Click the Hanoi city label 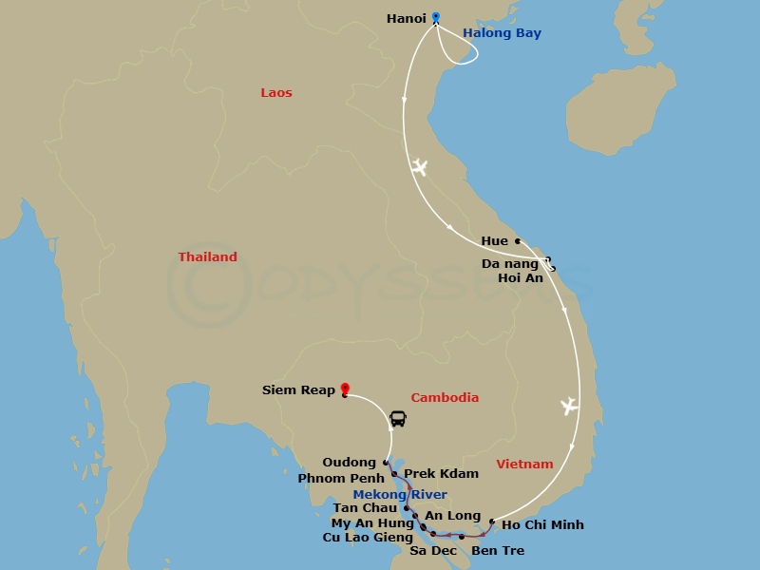pyautogui.click(x=407, y=18)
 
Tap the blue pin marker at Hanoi pyautogui.click(x=436, y=17)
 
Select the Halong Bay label pyautogui.click(x=502, y=33)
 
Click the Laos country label pyautogui.click(x=276, y=93)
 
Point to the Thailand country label pyautogui.click(x=207, y=257)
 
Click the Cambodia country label pyautogui.click(x=445, y=398)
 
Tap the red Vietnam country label pyautogui.click(x=524, y=465)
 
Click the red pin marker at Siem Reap pyautogui.click(x=344, y=389)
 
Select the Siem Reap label pyautogui.click(x=298, y=390)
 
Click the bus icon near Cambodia pyautogui.click(x=398, y=419)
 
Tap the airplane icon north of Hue pyautogui.click(x=419, y=168)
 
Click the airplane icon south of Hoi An pyautogui.click(x=569, y=407)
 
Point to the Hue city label pyautogui.click(x=494, y=241)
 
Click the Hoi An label pyautogui.click(x=520, y=278)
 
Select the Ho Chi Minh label pyautogui.click(x=541, y=524)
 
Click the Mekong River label pyautogui.click(x=399, y=494)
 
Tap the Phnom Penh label pyautogui.click(x=340, y=478)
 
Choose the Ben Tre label pyautogui.click(x=497, y=551)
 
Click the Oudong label pyautogui.click(x=349, y=463)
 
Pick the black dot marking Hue pyautogui.click(x=517, y=241)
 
